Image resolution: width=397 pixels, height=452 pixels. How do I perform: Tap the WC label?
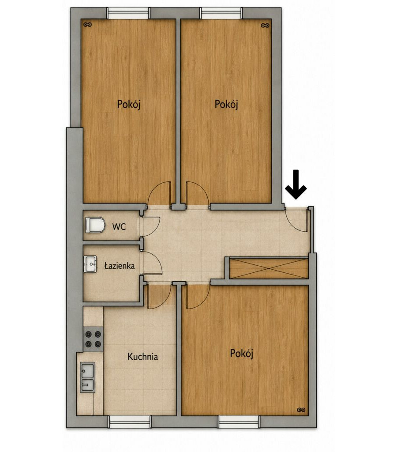click(x=119, y=226)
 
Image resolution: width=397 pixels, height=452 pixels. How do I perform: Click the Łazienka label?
click(x=119, y=265)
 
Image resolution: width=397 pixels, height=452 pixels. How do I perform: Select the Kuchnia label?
click(x=142, y=357)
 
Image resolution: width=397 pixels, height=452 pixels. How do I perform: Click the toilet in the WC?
click(x=95, y=225)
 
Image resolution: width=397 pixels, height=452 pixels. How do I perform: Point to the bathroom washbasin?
click(x=91, y=264)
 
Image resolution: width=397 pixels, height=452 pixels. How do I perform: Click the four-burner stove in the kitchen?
click(x=93, y=339)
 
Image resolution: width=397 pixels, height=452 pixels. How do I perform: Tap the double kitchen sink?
click(x=88, y=377)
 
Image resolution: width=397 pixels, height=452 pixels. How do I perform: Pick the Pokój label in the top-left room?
click(x=128, y=104)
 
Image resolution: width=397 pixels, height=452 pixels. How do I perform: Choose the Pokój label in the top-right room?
click(x=226, y=104)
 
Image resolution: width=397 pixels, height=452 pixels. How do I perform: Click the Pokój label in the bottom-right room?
click(x=241, y=354)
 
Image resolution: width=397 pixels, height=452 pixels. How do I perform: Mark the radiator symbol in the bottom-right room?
click(x=301, y=410)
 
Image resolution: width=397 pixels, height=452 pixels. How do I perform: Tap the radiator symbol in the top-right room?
click(x=265, y=25)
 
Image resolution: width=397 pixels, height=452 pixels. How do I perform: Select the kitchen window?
click(x=129, y=422)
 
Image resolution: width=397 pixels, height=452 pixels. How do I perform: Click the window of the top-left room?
click(x=128, y=13)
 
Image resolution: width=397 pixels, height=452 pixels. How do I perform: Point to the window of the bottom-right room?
click(x=239, y=422)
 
